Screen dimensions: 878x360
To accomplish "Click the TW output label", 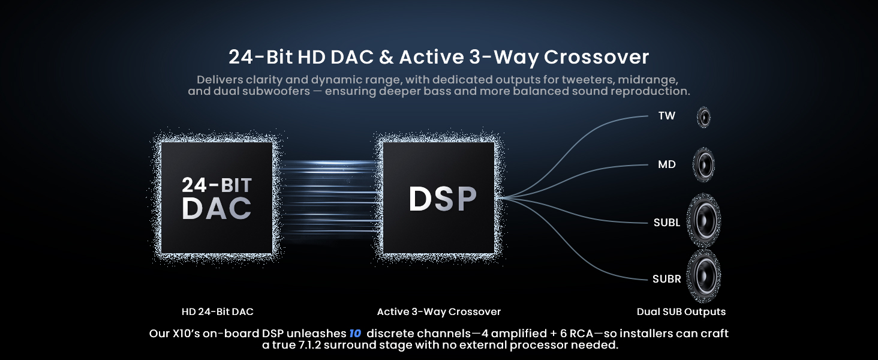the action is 667,116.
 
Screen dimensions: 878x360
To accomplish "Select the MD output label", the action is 667,164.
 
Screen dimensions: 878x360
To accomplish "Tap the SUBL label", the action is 667,223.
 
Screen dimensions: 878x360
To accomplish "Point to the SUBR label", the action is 667,279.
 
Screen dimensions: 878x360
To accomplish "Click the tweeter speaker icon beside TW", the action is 704,117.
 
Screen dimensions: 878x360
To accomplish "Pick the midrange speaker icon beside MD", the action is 704,165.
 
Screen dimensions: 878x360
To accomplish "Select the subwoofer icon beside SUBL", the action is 704,220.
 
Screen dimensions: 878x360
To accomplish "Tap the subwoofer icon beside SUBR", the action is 704,276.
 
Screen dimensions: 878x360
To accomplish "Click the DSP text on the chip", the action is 443,199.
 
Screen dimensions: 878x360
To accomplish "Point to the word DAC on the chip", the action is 217,208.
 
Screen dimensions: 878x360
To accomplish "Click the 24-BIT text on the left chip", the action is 217,185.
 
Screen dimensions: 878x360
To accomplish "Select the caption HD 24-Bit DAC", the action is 218,312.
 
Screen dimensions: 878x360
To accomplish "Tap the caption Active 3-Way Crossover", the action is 439,312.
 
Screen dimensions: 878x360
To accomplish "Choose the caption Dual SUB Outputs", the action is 681,312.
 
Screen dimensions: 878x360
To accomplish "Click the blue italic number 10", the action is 355,334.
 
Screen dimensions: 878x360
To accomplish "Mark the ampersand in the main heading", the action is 386,57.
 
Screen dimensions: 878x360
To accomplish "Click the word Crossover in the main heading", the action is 596,57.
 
